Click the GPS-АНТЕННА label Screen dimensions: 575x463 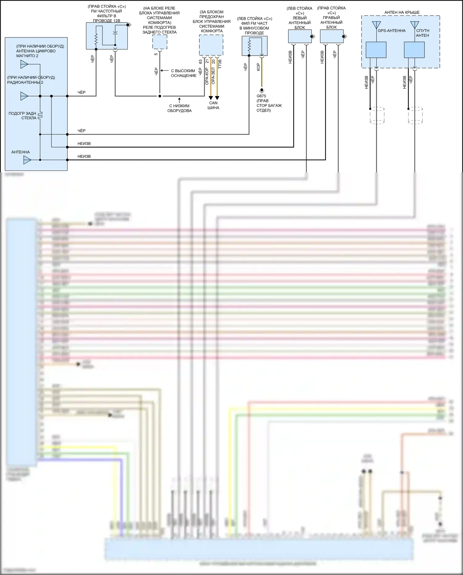coord(391,31)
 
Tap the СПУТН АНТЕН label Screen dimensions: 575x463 coord(423,33)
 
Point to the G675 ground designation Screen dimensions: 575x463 coord(261,96)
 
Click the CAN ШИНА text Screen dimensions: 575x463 coord(213,105)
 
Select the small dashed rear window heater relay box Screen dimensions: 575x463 coord(160,42)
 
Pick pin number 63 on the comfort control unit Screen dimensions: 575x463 coord(201,62)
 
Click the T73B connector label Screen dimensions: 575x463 coord(220,64)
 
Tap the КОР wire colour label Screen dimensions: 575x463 coord(258,67)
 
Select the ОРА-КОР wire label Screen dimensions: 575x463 coord(207,76)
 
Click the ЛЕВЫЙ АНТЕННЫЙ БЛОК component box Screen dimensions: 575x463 coord(300,36)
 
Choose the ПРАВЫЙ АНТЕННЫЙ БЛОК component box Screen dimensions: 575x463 coord(332,36)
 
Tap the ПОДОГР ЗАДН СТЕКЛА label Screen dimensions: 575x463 coord(23,116)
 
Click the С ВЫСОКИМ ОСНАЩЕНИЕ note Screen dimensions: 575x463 coord(184,73)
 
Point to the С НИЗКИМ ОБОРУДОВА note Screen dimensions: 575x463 coord(179,108)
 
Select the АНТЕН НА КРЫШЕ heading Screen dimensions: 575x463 coord(402,12)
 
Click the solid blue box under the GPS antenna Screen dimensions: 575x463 coord(376,50)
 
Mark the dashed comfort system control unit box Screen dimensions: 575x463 coord(211,45)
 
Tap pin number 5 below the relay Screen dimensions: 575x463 coord(156,54)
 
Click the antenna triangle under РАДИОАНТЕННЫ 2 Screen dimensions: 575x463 coord(24,96)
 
